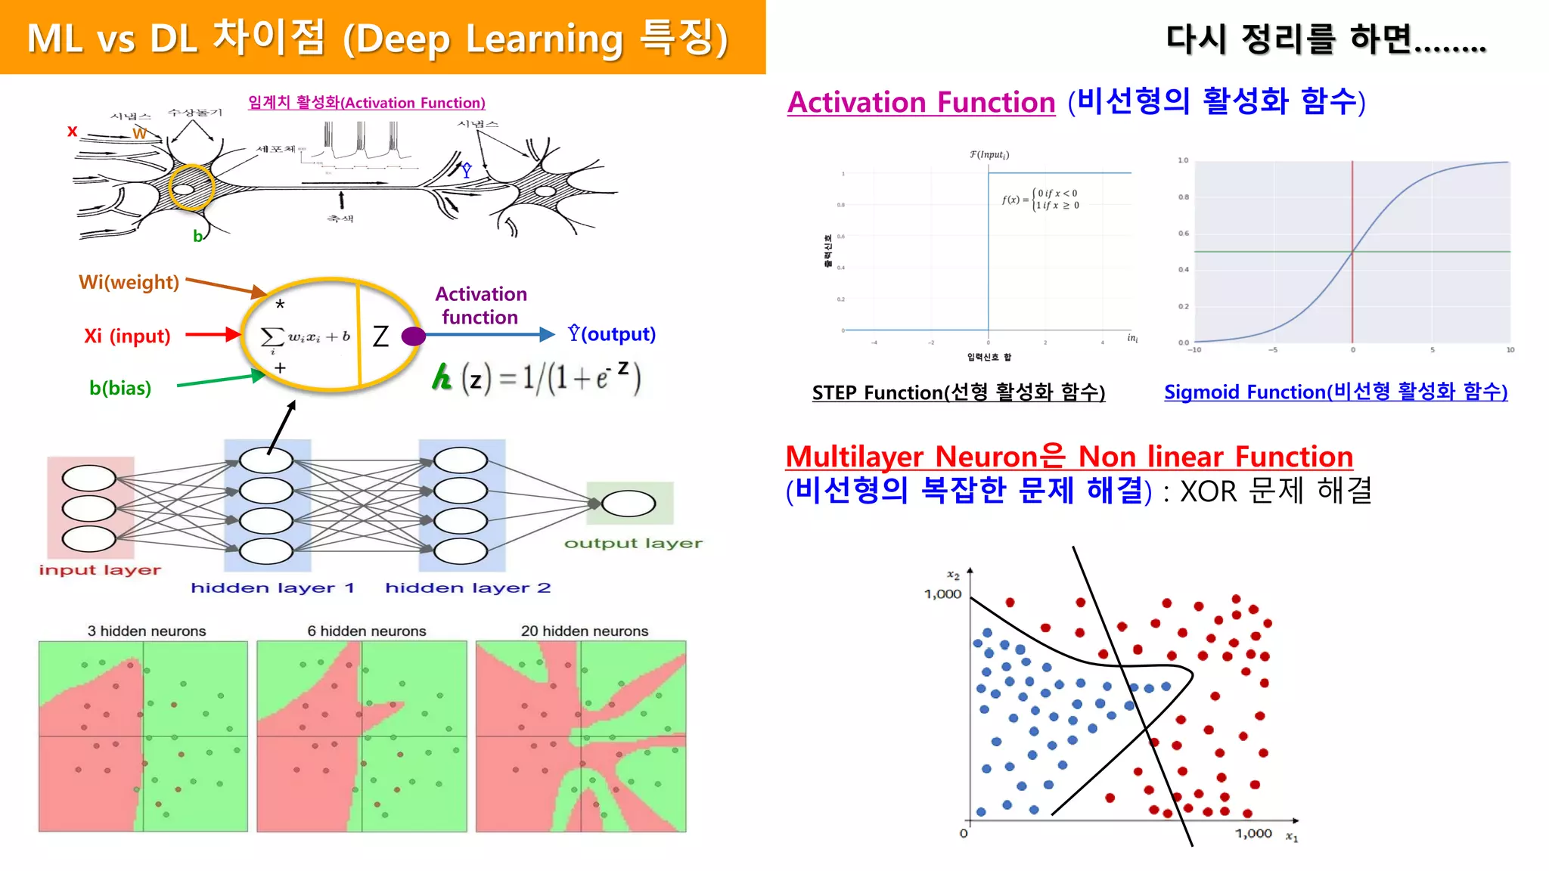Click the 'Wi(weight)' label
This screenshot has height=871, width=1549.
(129, 282)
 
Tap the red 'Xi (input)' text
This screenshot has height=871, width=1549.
(127, 336)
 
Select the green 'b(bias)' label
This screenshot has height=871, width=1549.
(120, 388)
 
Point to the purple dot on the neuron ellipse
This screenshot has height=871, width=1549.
(413, 336)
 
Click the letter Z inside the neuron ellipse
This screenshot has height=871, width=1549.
(380, 336)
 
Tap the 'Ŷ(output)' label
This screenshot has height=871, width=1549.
(612, 334)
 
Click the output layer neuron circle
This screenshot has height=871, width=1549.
(629, 504)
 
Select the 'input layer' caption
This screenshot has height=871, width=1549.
(100, 570)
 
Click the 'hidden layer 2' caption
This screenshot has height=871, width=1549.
(467, 587)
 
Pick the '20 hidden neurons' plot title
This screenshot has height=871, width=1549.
(585, 631)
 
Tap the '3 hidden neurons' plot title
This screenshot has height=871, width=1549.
(147, 631)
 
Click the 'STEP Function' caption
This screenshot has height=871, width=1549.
(958, 392)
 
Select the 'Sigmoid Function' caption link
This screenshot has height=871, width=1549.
(1335, 392)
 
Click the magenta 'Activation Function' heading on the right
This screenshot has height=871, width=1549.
(921, 102)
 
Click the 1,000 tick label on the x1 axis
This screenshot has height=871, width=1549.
(1253, 833)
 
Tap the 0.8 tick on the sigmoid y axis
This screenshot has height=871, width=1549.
(1183, 197)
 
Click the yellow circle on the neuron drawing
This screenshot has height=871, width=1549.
(191, 187)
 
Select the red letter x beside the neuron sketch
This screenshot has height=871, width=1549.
(73, 131)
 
